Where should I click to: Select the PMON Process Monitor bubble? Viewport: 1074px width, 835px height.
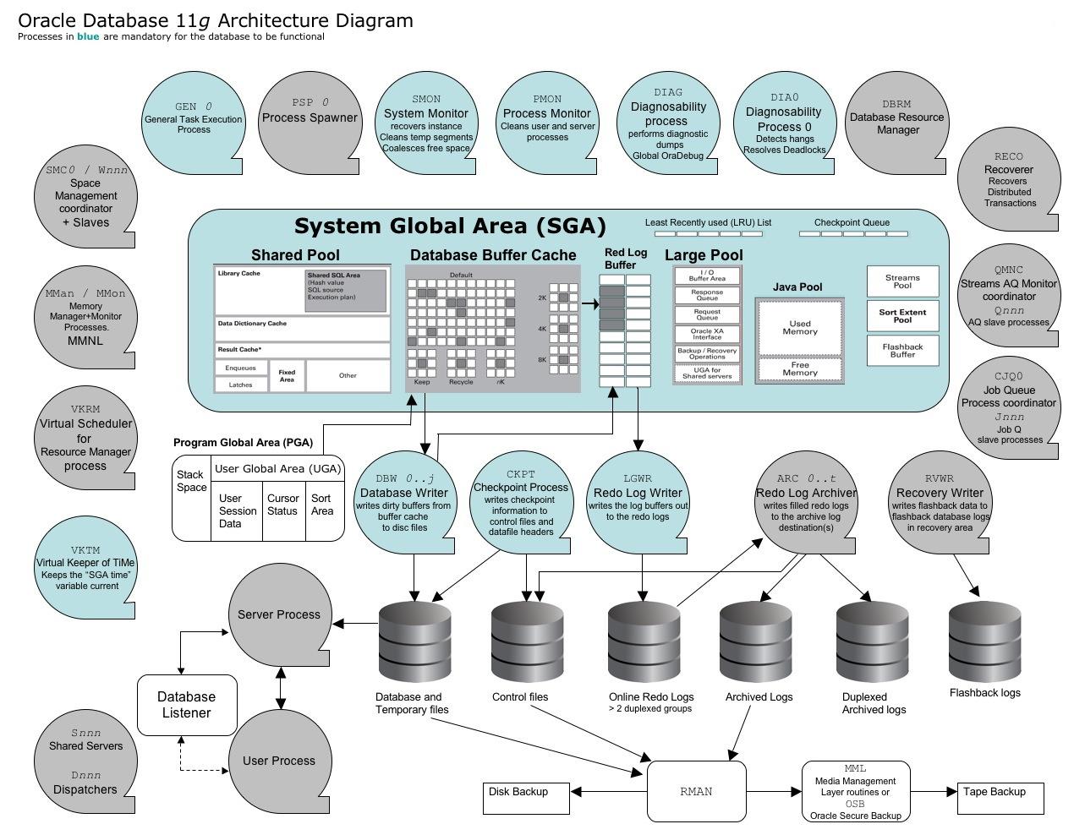pos(547,123)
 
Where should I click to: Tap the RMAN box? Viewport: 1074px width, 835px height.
pos(696,792)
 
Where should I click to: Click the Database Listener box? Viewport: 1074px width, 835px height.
pos(187,705)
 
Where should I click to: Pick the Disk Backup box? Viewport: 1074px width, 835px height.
pos(525,798)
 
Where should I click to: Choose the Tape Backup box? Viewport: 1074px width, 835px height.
pos(1000,798)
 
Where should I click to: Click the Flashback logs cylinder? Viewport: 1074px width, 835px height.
pos(984,642)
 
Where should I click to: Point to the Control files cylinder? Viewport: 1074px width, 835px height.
pos(528,642)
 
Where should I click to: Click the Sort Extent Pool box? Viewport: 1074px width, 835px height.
pos(902,315)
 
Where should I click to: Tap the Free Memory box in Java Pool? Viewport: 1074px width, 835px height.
pos(799,369)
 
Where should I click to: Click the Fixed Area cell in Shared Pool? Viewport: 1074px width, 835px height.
pos(287,376)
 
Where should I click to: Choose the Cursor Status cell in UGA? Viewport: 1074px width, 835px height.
pos(282,505)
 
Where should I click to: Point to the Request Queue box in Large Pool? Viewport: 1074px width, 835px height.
pos(707,314)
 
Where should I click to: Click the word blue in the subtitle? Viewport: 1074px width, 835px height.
pos(88,36)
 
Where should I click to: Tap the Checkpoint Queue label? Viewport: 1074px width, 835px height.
pos(852,222)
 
